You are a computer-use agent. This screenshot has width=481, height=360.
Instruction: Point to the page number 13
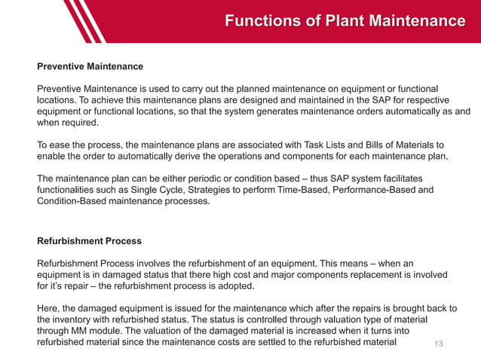click(440, 344)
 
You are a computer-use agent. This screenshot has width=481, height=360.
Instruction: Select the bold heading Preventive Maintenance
click(90, 66)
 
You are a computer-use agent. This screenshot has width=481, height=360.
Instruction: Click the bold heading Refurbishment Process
click(89, 242)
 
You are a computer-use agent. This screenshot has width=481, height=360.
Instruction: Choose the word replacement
click(367, 275)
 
